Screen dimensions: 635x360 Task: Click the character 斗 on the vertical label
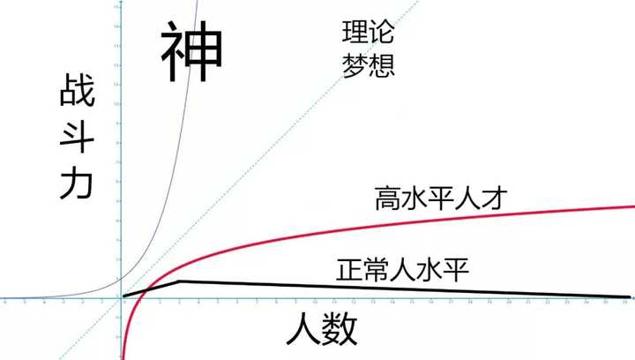(x=78, y=138)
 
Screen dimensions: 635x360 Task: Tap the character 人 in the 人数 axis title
(x=304, y=331)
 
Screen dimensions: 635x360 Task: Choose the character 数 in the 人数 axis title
(x=341, y=331)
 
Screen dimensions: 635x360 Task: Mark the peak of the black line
(x=180, y=281)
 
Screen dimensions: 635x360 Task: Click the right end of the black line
(x=630, y=296)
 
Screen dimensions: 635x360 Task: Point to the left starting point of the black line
(x=124, y=296)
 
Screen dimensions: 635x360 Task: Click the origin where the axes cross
(x=120, y=300)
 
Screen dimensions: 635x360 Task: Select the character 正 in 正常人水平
(x=349, y=269)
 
